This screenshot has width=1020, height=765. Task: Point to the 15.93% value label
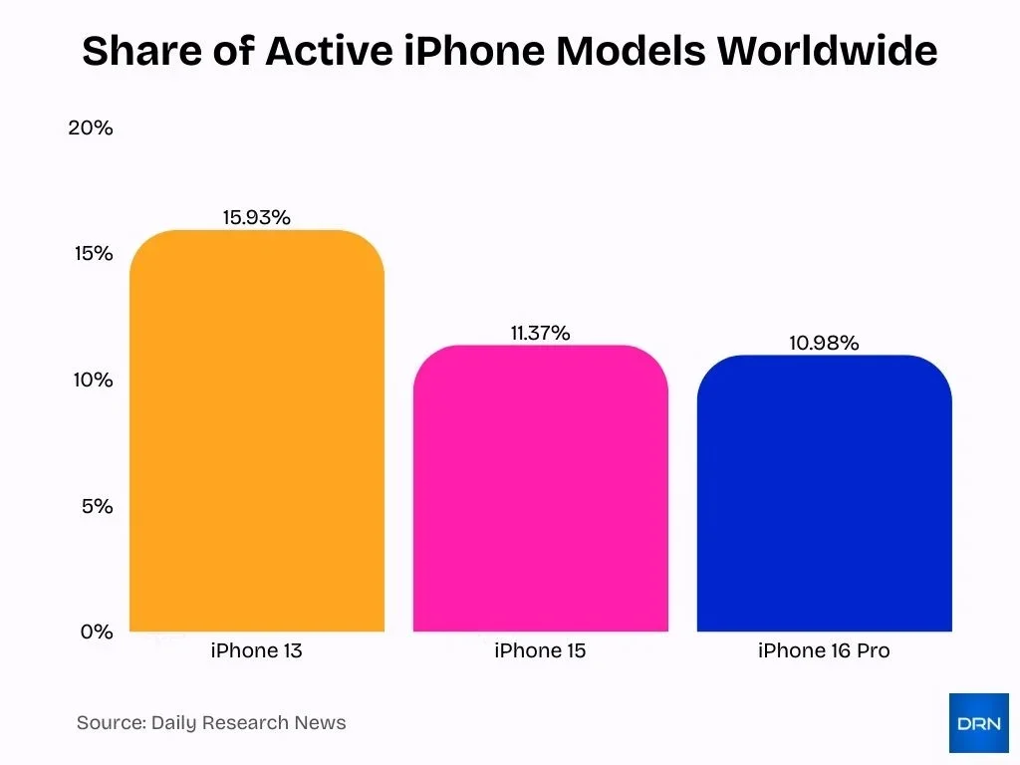256,217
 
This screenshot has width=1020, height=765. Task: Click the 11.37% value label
540,333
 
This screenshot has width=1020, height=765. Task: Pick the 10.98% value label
824,343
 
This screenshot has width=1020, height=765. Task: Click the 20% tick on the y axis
91,128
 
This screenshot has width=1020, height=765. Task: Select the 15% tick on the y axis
94,254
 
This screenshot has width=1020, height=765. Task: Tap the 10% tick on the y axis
92,381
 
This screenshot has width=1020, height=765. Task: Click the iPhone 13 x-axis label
256,651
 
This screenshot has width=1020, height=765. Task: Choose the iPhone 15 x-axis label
540,651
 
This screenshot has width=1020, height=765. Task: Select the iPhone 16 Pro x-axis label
824,651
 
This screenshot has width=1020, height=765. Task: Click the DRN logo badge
978,723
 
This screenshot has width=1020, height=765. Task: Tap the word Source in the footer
110,723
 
